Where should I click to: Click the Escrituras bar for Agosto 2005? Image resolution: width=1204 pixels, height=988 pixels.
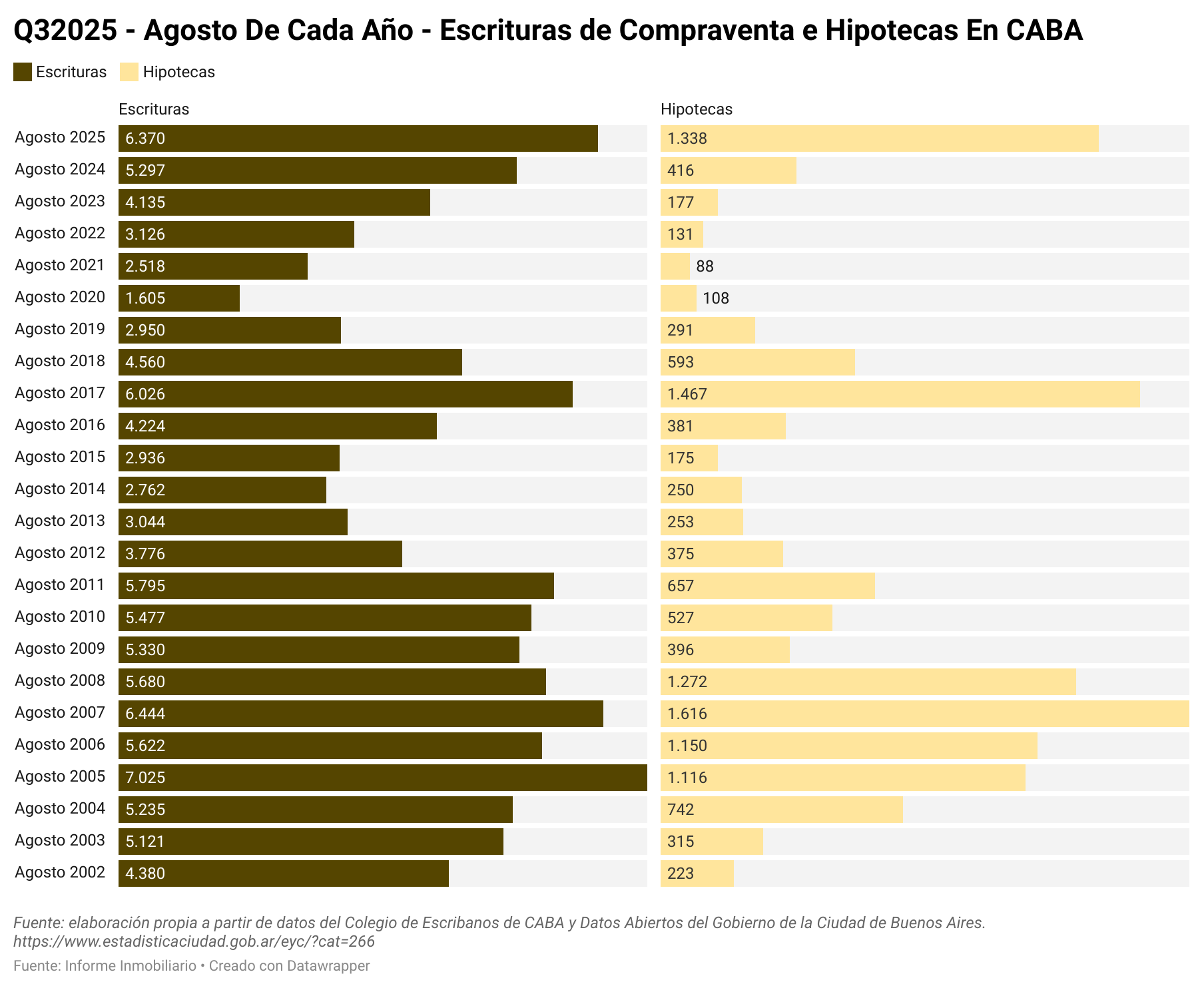[x=383, y=778]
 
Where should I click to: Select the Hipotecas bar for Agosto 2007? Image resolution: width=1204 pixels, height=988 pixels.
[x=924, y=714]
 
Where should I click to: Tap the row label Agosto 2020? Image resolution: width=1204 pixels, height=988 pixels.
[x=60, y=297]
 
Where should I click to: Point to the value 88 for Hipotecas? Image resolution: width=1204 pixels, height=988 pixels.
[x=705, y=266]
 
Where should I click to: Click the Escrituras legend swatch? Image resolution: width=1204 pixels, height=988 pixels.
[x=23, y=72]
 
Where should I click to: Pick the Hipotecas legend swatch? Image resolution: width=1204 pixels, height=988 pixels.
[x=129, y=72]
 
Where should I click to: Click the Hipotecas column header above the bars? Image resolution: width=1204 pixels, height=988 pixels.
[x=696, y=109]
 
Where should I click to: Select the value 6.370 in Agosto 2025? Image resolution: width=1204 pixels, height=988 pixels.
[x=145, y=138]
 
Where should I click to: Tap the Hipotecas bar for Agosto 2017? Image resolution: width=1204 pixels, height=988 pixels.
[x=900, y=394]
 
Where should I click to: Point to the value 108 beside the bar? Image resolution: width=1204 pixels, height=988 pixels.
[x=716, y=298]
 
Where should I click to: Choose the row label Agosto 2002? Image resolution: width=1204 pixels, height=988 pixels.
[x=60, y=872]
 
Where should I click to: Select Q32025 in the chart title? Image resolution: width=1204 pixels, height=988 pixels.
[x=65, y=31]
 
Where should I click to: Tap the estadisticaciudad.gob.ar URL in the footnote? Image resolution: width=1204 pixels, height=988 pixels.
[x=194, y=941]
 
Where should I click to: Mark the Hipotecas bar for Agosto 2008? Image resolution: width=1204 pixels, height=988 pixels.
[x=868, y=682]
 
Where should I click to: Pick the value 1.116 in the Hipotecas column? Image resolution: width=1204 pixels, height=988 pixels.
[x=687, y=778]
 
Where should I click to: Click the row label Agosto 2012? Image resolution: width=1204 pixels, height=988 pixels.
[x=60, y=553]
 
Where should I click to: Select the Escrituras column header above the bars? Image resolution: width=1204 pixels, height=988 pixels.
[x=153, y=109]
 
